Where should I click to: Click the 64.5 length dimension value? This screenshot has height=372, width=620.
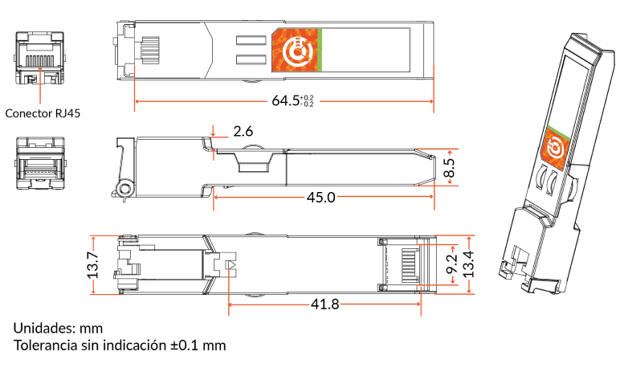click(x=285, y=100)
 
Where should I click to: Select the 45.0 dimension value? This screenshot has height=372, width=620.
click(x=321, y=197)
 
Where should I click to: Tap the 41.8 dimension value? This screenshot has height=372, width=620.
click(x=325, y=304)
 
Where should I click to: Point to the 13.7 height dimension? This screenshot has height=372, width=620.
click(x=93, y=265)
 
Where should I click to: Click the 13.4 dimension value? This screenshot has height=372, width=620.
click(x=468, y=264)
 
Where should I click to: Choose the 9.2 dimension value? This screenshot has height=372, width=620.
click(x=451, y=264)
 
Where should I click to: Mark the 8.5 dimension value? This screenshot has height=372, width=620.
click(x=450, y=168)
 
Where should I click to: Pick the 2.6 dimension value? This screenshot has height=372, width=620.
click(x=243, y=131)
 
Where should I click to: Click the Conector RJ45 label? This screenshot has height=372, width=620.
click(x=43, y=113)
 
